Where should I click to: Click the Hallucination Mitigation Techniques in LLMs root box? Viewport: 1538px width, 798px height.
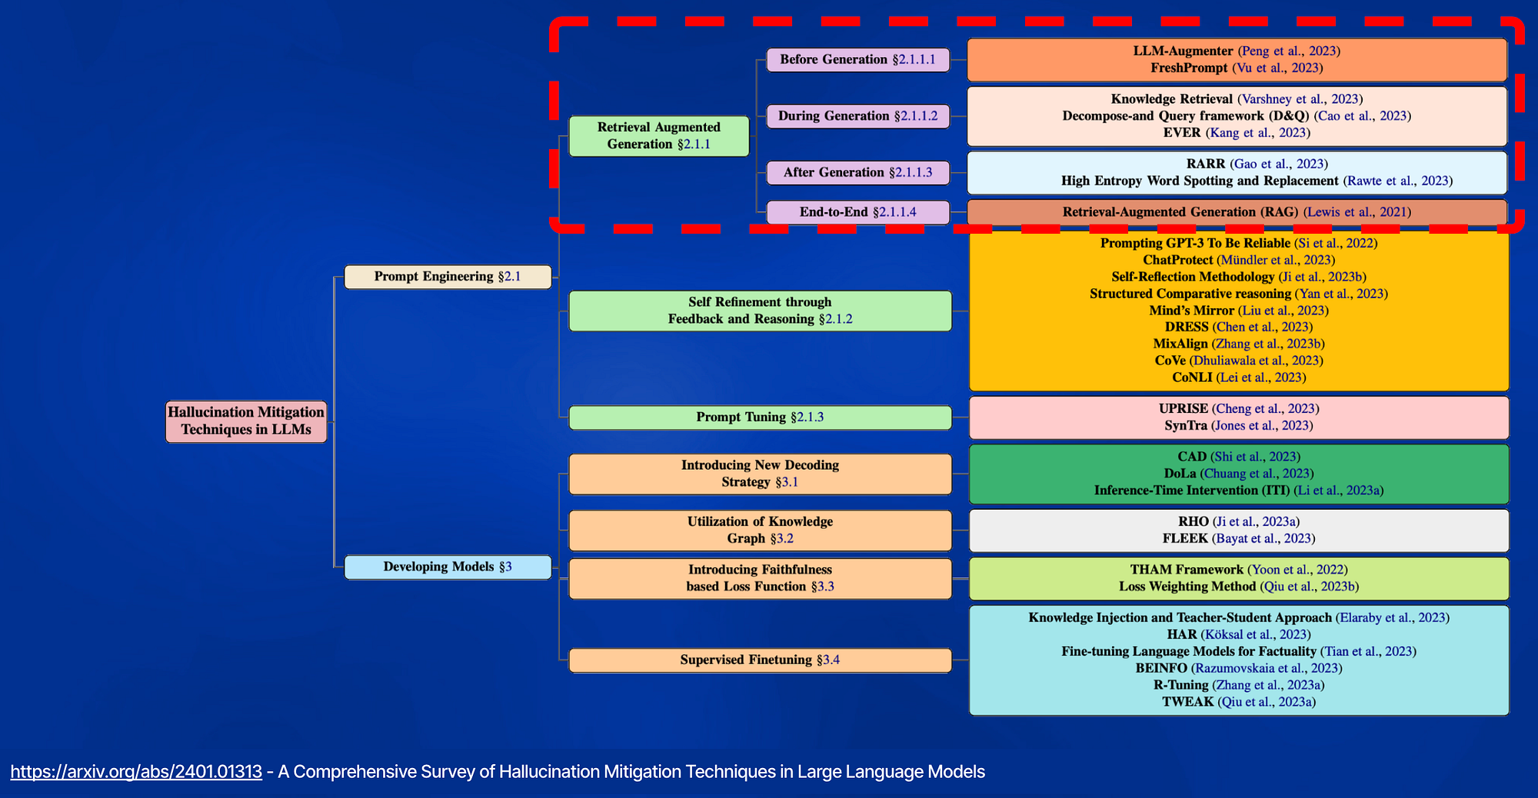246,421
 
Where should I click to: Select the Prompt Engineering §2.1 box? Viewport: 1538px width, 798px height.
448,277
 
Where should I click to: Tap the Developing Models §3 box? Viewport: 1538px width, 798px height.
448,567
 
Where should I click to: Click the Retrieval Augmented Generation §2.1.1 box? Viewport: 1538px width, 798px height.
659,136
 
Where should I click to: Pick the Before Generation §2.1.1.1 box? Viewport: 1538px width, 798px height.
857,60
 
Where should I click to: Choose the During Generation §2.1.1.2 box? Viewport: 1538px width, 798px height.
857,116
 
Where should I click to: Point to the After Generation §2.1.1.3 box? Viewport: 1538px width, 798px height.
857,173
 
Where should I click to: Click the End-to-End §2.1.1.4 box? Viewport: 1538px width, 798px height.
857,212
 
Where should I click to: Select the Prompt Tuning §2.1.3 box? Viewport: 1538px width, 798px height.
760,417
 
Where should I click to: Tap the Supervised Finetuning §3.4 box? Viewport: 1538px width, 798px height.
760,660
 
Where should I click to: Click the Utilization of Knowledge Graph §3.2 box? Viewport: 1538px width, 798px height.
760,530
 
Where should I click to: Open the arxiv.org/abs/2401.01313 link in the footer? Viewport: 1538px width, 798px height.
136,772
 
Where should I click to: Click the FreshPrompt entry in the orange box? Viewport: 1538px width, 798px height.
1189,68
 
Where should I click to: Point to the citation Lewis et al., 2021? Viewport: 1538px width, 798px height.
1357,212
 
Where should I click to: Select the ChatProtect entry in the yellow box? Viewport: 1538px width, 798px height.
1177,261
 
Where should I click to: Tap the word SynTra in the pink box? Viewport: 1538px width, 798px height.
1186,426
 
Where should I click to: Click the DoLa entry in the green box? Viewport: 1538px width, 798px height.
1180,474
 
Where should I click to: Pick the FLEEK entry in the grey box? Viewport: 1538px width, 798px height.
1185,539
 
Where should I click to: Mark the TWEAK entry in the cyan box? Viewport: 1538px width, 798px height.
1187,702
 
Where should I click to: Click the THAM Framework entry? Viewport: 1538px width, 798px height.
1186,570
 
